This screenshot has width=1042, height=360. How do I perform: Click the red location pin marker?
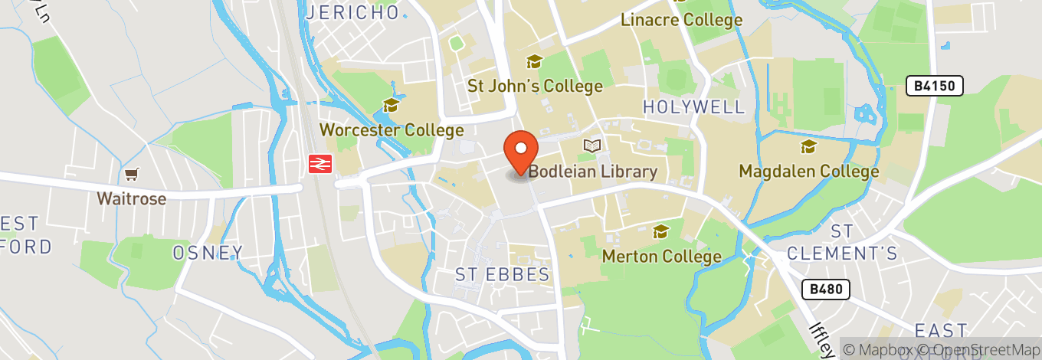(x=521, y=152)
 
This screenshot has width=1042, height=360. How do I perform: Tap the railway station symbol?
(x=319, y=163)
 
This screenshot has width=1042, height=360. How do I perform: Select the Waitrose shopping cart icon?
(x=131, y=175)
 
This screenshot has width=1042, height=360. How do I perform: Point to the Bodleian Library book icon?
(x=591, y=146)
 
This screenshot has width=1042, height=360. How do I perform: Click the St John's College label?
(x=535, y=86)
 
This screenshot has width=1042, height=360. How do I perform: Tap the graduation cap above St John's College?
(x=534, y=62)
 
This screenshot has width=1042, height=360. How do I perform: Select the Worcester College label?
(x=392, y=129)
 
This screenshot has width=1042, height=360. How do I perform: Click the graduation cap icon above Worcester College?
(x=391, y=106)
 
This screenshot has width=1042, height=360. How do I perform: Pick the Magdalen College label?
(x=808, y=171)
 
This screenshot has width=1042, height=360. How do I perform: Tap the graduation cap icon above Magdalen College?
(x=808, y=146)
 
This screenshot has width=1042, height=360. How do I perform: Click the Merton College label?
(x=661, y=256)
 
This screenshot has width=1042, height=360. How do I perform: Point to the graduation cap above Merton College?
(x=660, y=231)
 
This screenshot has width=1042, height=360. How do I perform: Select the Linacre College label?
(x=681, y=20)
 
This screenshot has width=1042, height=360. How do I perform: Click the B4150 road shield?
(x=934, y=87)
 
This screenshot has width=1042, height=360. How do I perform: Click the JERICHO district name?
(x=352, y=12)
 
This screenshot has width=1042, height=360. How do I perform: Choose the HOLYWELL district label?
(x=693, y=107)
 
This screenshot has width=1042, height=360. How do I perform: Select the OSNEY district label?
(x=207, y=252)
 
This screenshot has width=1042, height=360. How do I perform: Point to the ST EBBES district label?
(x=502, y=274)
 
